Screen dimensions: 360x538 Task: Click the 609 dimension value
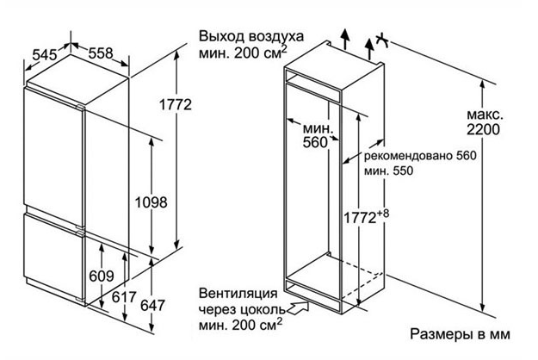pyautogui.click(x=102, y=277)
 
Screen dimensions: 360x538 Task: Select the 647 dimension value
pyautogui.click(x=152, y=304)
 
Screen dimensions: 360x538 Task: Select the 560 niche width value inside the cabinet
pyautogui.click(x=315, y=143)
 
